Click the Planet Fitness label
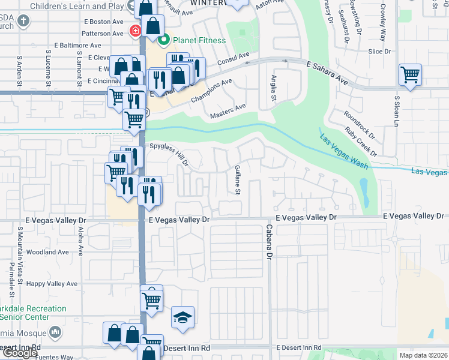pyautogui.click(x=199, y=41)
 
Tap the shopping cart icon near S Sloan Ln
pyautogui.click(x=410, y=76)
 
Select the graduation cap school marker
pyautogui.click(x=183, y=317)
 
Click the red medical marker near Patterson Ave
pyautogui.click(x=136, y=30)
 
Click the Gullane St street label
pyautogui.click(x=238, y=179)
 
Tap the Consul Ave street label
pyautogui.click(x=233, y=59)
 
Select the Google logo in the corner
pyautogui.click(x=20, y=353)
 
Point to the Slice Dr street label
pyautogui.click(x=379, y=52)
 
